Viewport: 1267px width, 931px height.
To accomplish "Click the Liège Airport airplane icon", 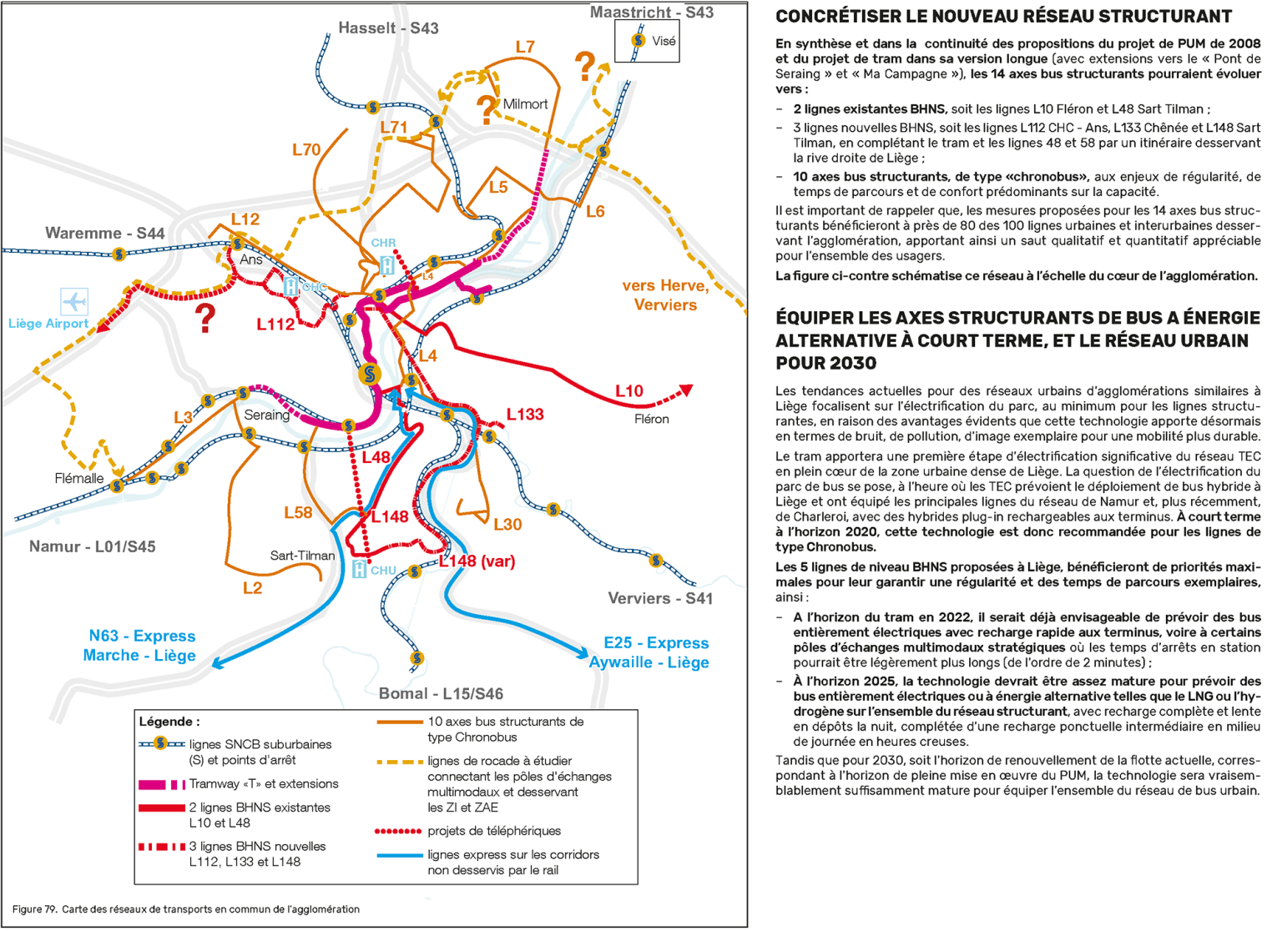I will click(x=74, y=301).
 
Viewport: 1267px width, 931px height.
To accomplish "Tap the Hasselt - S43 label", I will click(x=388, y=28).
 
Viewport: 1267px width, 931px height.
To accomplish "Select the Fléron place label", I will click(x=651, y=419).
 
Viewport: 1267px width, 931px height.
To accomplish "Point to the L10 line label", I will click(x=628, y=391).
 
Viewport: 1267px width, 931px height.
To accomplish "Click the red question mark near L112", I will click(x=204, y=319).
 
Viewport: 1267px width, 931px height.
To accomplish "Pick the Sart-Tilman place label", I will click(x=302, y=556).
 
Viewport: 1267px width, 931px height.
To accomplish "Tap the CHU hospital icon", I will click(x=360, y=570).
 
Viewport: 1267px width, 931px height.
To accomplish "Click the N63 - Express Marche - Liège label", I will click(x=140, y=646).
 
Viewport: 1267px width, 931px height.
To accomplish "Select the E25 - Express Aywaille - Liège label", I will click(x=650, y=652).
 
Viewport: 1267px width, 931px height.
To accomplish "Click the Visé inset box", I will click(x=647, y=41).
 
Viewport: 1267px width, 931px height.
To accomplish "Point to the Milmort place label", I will click(x=525, y=104).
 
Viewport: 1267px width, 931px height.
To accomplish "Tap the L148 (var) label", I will click(x=477, y=561).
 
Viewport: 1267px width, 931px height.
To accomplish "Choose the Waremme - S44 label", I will click(x=104, y=234).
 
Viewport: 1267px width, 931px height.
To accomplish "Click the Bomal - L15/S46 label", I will click(x=441, y=693).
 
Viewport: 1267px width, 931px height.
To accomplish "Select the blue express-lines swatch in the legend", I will click(x=399, y=855).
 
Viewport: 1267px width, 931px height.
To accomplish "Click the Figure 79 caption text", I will click(x=185, y=909).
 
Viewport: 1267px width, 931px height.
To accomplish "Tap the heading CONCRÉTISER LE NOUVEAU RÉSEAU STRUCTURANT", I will click(x=1003, y=17).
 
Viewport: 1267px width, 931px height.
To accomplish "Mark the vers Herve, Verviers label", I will click(x=664, y=295).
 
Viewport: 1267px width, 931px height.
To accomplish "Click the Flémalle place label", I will click(x=79, y=479).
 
